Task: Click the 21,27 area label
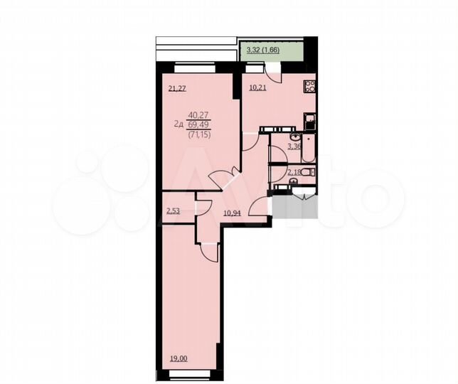click(x=178, y=89)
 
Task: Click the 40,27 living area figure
click(x=198, y=114)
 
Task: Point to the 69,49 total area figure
click(x=198, y=124)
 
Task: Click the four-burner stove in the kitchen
click(x=310, y=87)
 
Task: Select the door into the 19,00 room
click(x=208, y=250)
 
